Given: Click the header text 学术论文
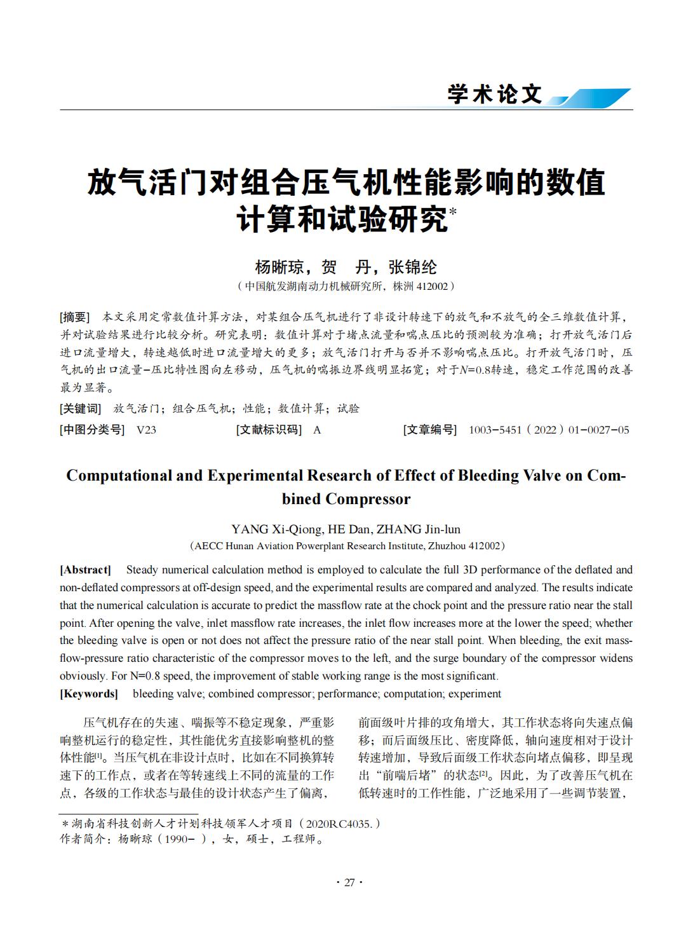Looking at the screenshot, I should (x=495, y=94).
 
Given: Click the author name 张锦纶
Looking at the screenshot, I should (x=414, y=267).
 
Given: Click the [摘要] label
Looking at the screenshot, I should (x=74, y=317).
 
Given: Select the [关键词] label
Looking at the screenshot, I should (x=80, y=409).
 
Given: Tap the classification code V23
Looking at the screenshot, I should (x=146, y=430).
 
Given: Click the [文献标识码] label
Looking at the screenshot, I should (x=269, y=430).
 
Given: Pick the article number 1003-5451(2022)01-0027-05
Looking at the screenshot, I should (x=548, y=430).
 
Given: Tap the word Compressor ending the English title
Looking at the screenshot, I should (x=368, y=499).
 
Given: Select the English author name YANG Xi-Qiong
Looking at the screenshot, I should (x=276, y=529).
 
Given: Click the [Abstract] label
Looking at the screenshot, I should (x=85, y=570).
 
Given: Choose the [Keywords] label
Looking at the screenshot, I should (x=89, y=694).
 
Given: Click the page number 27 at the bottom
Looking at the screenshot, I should (x=349, y=882).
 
